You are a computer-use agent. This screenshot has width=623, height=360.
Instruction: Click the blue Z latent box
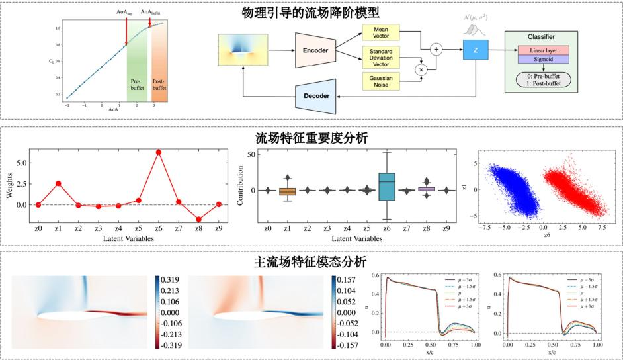(476, 49)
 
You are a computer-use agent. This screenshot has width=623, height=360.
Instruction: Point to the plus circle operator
(436, 48)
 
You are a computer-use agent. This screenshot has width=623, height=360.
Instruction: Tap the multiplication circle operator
(419, 68)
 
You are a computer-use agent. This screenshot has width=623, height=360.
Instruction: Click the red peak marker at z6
(159, 152)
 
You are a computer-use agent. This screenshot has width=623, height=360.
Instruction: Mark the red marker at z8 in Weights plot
(199, 219)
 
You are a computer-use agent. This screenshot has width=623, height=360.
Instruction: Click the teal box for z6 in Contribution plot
(388, 186)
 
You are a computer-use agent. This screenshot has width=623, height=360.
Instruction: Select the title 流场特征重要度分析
(311, 138)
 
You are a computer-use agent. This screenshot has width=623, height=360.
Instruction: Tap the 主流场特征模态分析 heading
(311, 261)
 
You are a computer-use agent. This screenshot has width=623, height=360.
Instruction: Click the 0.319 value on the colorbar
(171, 279)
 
